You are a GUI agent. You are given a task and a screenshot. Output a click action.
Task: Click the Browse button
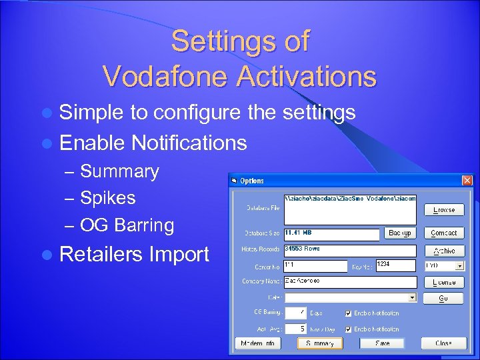click(444, 209)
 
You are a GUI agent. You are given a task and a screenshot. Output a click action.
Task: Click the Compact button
click(444, 233)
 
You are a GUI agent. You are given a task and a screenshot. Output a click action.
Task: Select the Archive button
click(444, 251)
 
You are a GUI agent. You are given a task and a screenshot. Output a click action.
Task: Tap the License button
click(444, 282)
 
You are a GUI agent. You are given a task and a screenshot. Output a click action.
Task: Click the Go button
click(444, 298)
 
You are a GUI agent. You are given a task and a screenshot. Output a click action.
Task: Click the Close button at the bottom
click(444, 343)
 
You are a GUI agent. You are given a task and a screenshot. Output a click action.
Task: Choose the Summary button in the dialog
click(320, 343)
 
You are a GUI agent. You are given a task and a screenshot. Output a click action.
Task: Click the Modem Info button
click(258, 343)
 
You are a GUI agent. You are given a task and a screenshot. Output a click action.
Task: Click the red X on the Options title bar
click(467, 181)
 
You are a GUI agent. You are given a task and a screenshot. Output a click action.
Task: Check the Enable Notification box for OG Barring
click(348, 313)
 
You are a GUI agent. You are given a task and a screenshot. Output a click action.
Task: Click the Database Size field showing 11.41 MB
click(331, 233)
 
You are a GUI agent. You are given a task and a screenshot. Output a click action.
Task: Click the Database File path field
click(349, 209)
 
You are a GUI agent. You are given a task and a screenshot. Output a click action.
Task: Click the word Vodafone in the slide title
click(177, 76)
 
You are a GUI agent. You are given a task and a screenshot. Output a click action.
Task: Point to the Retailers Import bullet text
click(134, 254)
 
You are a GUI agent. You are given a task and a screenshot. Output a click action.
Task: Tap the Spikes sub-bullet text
click(107, 198)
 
